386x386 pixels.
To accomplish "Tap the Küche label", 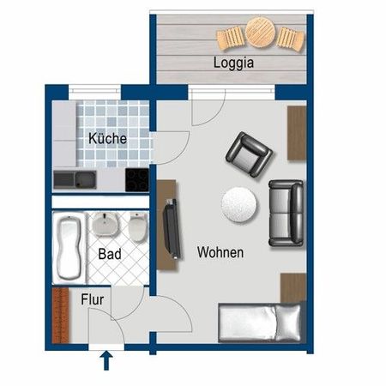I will [107, 138].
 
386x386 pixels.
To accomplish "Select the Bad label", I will [109, 254].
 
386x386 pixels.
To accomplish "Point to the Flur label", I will [93, 300].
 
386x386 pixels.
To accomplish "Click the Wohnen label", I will [220, 252].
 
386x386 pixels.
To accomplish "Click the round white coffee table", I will [239, 203].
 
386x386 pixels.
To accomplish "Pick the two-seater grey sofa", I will [286, 211].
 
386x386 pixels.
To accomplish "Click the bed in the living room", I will [260, 323].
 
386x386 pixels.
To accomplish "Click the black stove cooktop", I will [138, 180].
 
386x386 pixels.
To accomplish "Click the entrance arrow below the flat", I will [106, 361].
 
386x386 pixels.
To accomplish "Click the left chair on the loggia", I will [230, 39].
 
